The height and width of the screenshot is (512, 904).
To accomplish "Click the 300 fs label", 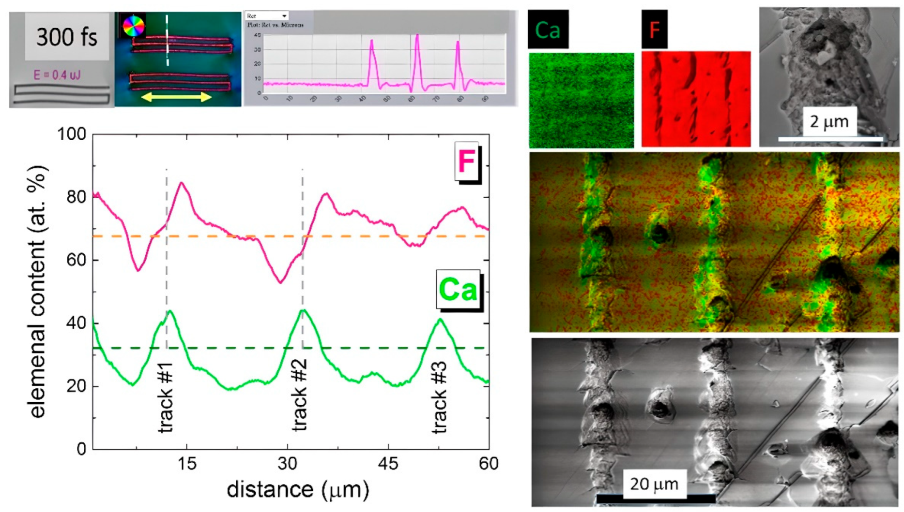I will pyautogui.click(x=67, y=37).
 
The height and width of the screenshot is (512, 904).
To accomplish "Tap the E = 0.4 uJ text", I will pyautogui.click(x=57, y=75).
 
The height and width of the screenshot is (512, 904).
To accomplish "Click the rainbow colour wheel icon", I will pyautogui.click(x=134, y=26).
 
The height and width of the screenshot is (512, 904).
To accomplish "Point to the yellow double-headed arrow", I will pyautogui.click(x=176, y=97).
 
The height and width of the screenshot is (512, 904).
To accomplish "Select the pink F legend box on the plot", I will pyautogui.click(x=467, y=161).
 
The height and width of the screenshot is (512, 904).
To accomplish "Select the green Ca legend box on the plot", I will pyautogui.click(x=458, y=290).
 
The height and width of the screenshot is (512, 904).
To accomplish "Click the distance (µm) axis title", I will pyautogui.click(x=297, y=490).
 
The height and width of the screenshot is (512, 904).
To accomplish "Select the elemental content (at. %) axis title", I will pyautogui.click(x=37, y=292).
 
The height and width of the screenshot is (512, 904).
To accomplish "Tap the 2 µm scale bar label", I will pyautogui.click(x=829, y=122).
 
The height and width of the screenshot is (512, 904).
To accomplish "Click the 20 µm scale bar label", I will pyautogui.click(x=654, y=483).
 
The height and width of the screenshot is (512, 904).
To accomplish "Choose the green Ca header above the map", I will pyautogui.click(x=548, y=30).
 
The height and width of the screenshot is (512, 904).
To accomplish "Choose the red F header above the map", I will pyautogui.click(x=654, y=30).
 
